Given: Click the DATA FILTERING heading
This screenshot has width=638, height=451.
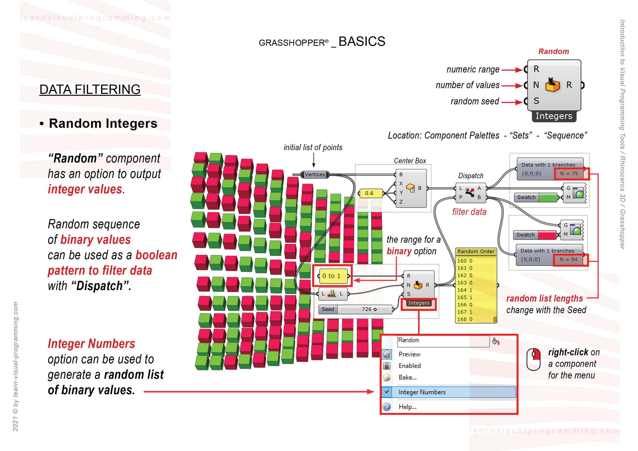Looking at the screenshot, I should click(x=90, y=89).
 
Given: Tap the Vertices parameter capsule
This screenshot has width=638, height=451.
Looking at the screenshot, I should click(x=315, y=174).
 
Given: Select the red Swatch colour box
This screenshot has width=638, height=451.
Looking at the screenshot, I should click(x=547, y=235).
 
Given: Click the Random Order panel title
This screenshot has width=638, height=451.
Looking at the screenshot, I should click(x=476, y=251).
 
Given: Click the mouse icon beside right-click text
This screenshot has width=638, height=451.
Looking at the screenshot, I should click(x=533, y=359).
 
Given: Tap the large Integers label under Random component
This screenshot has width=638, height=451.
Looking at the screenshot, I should click(x=554, y=116).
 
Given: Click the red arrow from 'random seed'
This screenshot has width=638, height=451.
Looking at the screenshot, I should click(x=512, y=102).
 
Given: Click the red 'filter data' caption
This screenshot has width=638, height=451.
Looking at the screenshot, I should click(x=469, y=212).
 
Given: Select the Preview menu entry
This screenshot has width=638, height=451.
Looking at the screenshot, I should click(x=409, y=354).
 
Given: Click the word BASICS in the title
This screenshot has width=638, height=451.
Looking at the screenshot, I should click(x=361, y=42).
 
